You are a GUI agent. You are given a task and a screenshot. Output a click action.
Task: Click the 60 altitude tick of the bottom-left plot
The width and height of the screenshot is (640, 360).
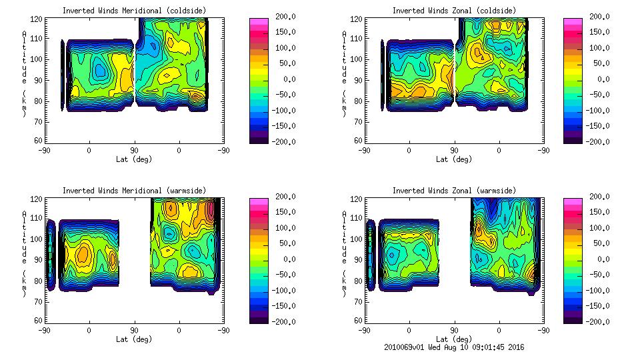(39, 320)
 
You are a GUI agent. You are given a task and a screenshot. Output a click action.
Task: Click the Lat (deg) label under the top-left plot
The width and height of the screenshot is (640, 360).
(134, 159)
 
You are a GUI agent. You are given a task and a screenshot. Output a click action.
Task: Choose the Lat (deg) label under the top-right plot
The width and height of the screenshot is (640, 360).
(455, 159)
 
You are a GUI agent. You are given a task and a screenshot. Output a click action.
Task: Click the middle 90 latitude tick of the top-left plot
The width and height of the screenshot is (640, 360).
(134, 150)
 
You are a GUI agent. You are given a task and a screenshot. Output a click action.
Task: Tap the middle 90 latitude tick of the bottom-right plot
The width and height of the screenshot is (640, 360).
(455, 330)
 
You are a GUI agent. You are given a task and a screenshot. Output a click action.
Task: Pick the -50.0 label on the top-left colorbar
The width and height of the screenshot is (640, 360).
(283, 95)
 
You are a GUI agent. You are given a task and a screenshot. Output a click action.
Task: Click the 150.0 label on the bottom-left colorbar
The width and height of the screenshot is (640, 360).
(282, 211)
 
